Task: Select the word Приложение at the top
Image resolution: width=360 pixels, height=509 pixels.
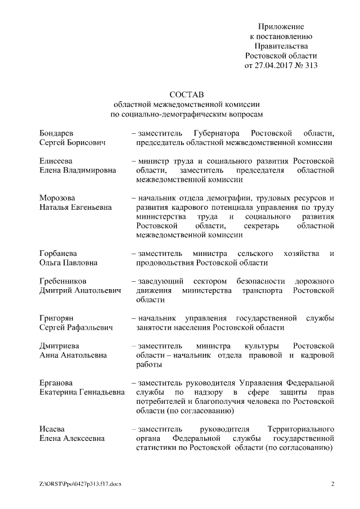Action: click(x=281, y=27)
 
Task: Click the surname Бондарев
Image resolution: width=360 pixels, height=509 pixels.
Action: click(x=56, y=134)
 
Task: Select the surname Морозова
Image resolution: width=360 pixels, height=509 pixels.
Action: click(x=57, y=198)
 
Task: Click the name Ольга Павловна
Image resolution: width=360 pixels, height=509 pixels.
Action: click(x=68, y=262)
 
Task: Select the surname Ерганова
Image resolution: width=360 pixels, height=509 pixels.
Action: click(x=56, y=382)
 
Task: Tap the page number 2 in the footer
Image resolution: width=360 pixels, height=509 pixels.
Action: click(x=332, y=484)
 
